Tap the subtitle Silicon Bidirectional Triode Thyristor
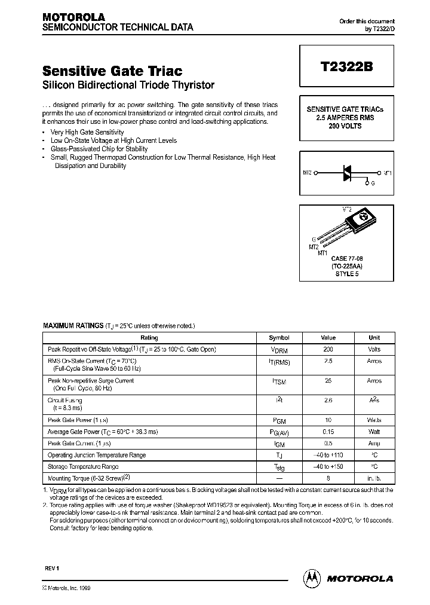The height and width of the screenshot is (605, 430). tap(128, 85)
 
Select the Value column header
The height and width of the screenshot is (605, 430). tap(328, 338)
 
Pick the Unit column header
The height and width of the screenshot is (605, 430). tap(374, 338)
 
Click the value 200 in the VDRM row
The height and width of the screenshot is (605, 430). tap(328, 349)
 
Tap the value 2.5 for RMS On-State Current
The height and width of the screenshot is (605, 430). tap(328, 361)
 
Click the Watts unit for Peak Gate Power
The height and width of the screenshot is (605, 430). tap(374, 420)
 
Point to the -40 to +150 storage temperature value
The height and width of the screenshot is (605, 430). tap(328, 466)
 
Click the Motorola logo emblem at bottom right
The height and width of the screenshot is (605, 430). tap(312, 578)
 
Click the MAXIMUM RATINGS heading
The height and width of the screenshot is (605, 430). tap(73, 326)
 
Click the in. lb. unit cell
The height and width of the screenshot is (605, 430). tap(374, 478)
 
